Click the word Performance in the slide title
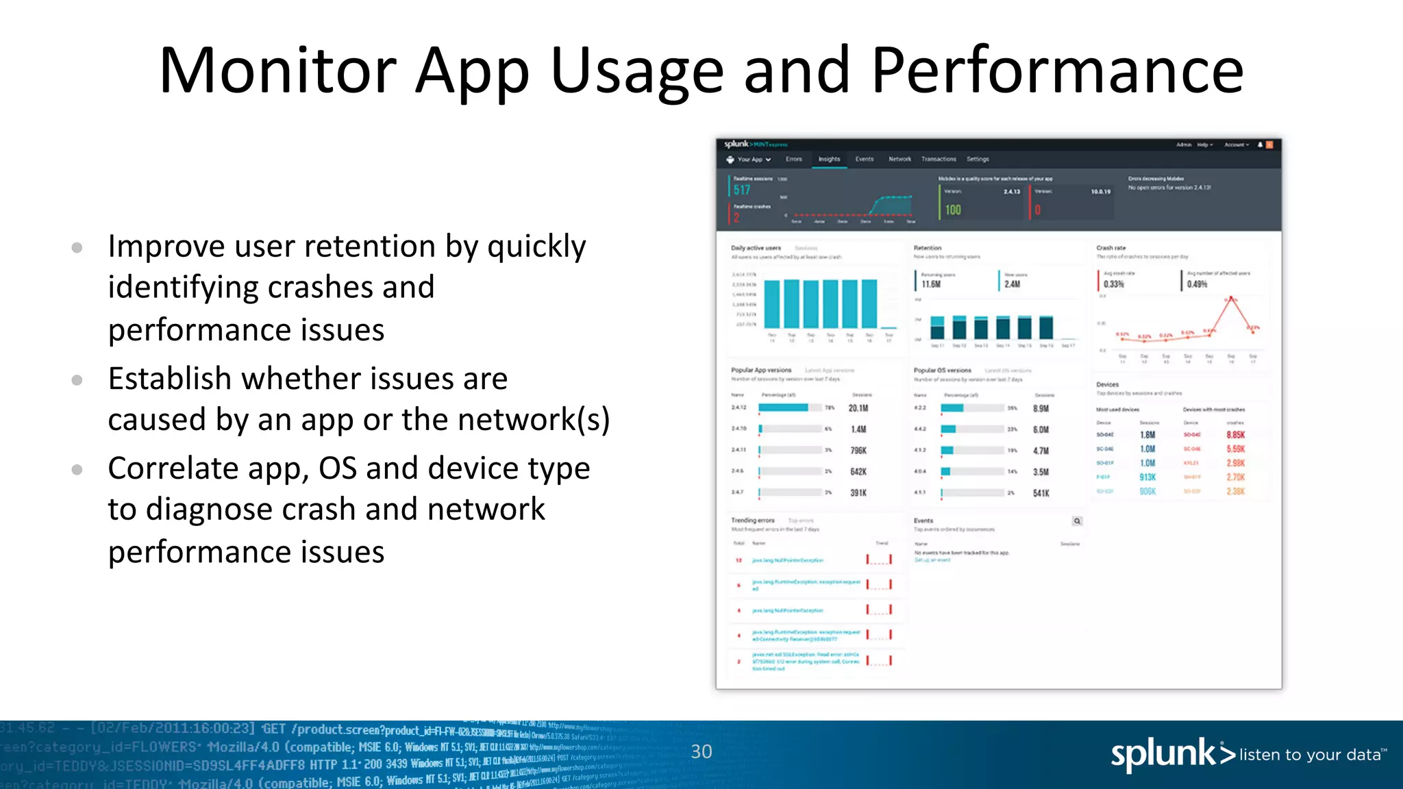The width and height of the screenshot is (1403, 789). point(1057,71)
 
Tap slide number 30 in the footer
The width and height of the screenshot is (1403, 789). point(701,751)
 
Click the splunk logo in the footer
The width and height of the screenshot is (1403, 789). point(1171,754)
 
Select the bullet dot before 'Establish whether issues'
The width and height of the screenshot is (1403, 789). point(77,379)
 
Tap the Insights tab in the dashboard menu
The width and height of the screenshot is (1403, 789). point(829,159)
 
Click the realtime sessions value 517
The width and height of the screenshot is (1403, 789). point(742,190)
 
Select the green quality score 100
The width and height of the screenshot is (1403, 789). point(953,210)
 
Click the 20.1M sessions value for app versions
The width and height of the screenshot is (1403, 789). point(858,408)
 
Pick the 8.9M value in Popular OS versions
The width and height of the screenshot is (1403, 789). point(1041,408)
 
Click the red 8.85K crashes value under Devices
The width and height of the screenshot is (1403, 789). point(1235,435)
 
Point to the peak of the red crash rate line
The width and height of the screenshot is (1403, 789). point(1231,299)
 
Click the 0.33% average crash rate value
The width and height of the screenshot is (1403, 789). point(1114,284)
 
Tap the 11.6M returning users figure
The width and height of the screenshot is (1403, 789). point(931,284)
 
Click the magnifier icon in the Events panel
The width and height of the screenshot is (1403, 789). point(1077,521)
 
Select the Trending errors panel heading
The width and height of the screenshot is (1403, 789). point(752,521)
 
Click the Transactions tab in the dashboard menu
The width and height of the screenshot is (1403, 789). point(939,159)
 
